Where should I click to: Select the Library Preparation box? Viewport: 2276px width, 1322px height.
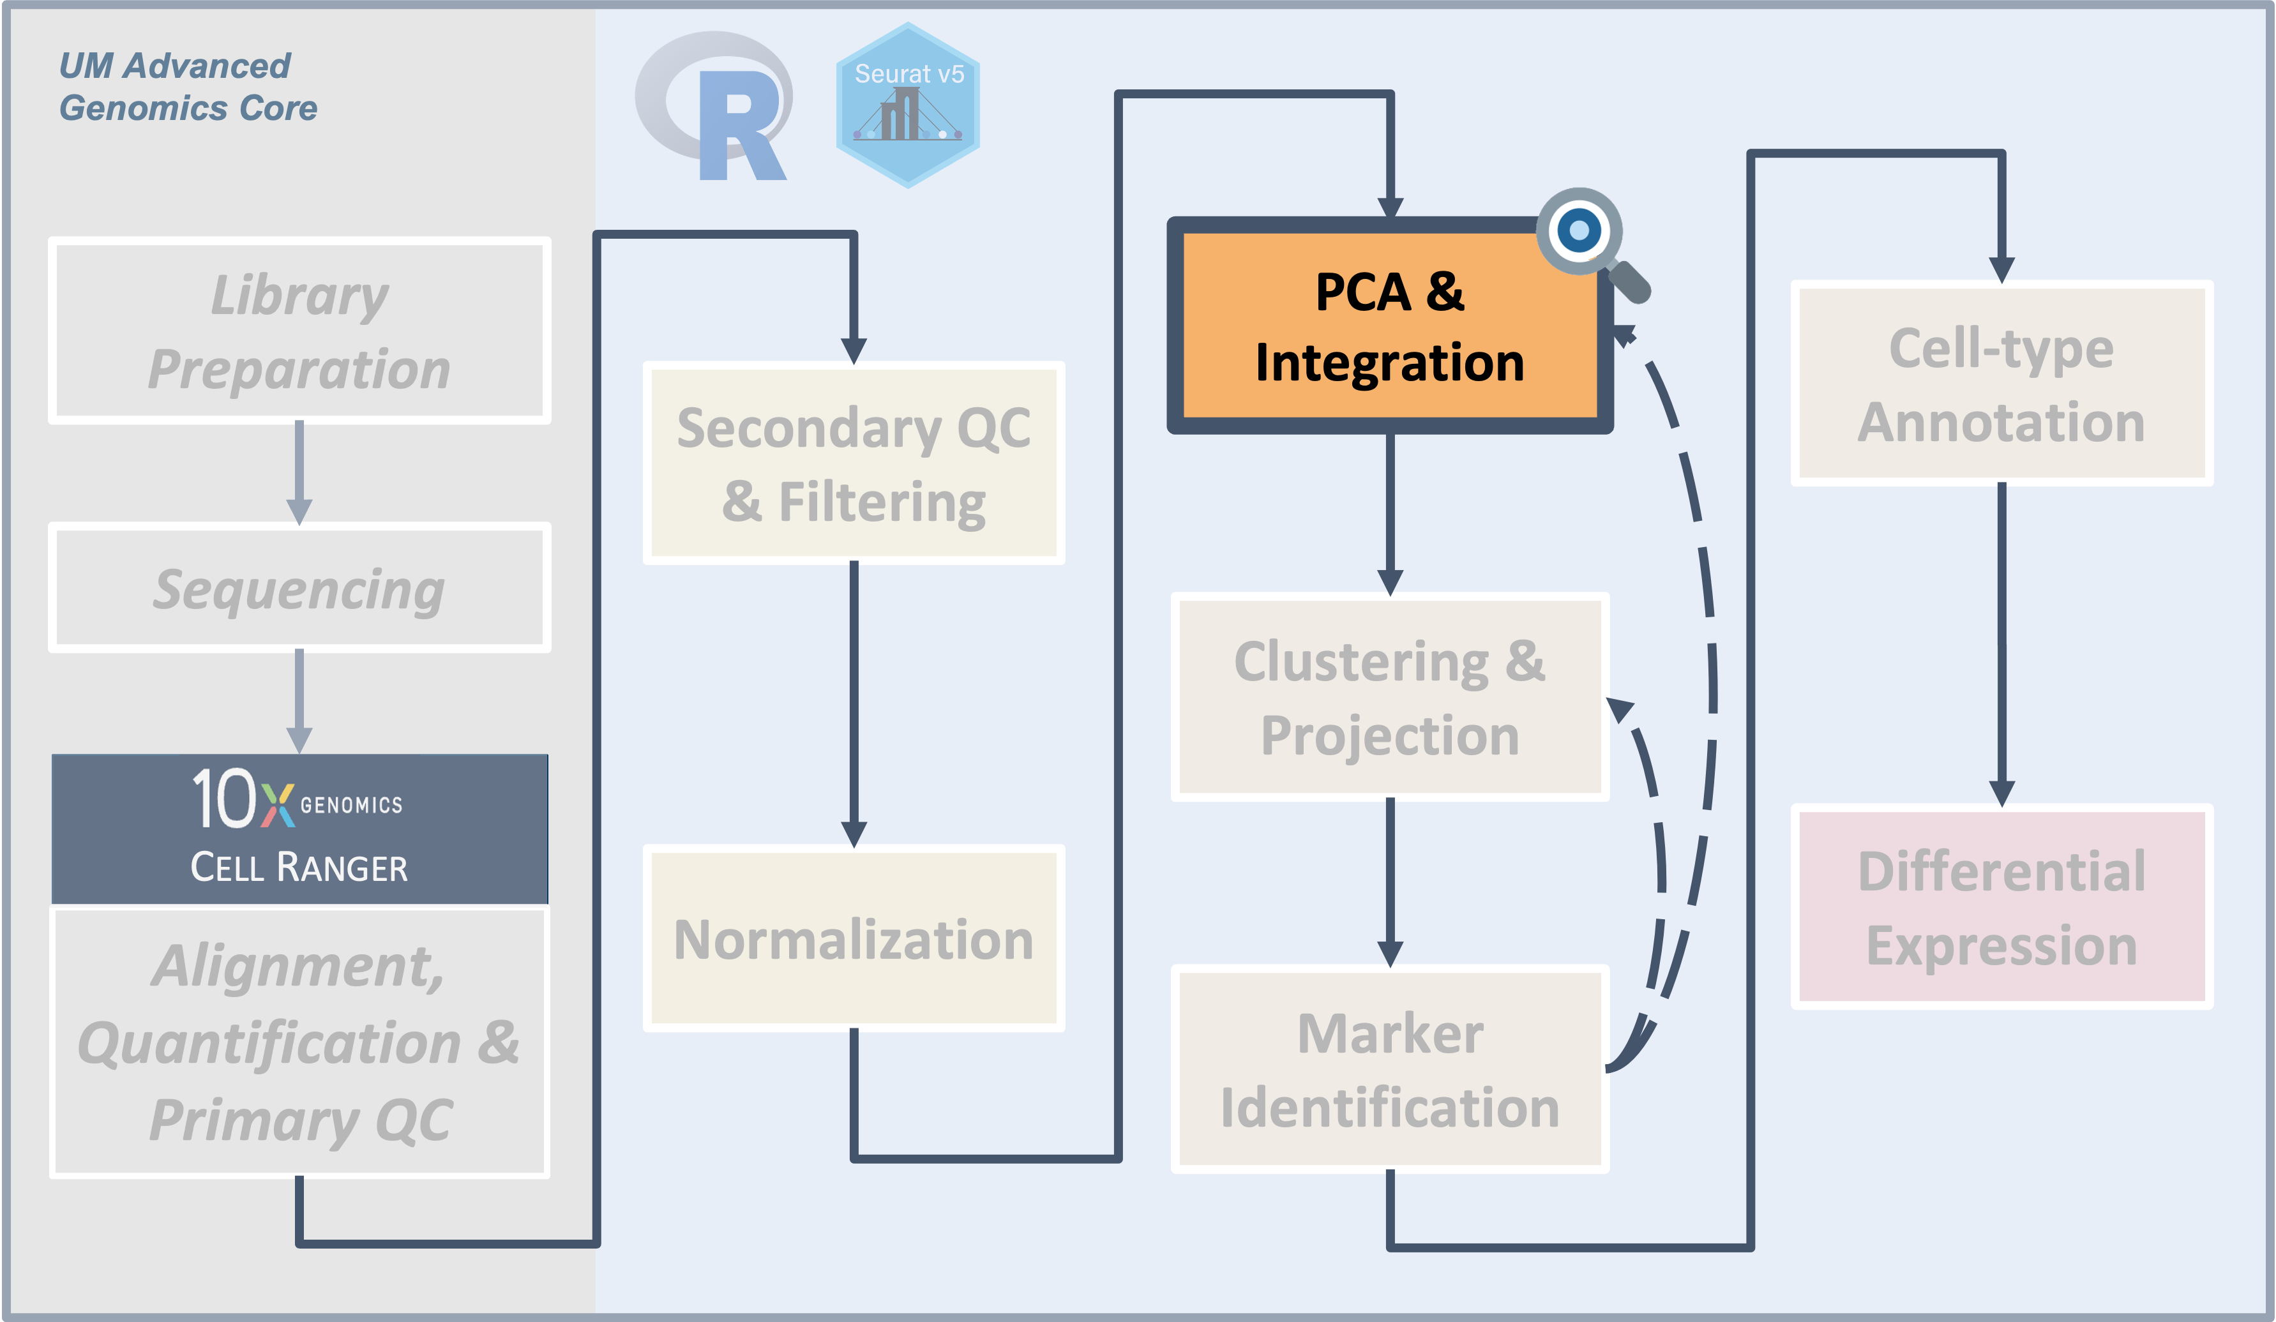coord(299,331)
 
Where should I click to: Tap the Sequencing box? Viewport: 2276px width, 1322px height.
coord(299,588)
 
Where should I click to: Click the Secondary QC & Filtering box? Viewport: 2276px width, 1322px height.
coord(854,463)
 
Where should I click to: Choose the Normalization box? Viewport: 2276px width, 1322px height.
coord(854,938)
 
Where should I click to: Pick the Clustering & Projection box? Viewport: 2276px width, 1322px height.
coord(1389,697)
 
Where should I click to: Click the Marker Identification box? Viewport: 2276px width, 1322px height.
coord(1389,1069)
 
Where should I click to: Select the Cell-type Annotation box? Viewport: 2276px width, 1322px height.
coord(2001,384)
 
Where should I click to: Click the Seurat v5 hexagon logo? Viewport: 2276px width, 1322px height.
coord(908,106)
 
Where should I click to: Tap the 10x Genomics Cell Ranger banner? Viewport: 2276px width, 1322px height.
coord(299,828)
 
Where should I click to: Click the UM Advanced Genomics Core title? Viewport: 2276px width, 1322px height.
coord(188,87)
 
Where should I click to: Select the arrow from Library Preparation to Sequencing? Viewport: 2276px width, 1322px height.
coord(299,471)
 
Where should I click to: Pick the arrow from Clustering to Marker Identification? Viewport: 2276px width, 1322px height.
coord(1389,880)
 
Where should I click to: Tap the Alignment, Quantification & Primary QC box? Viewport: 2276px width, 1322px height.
coord(299,1041)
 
